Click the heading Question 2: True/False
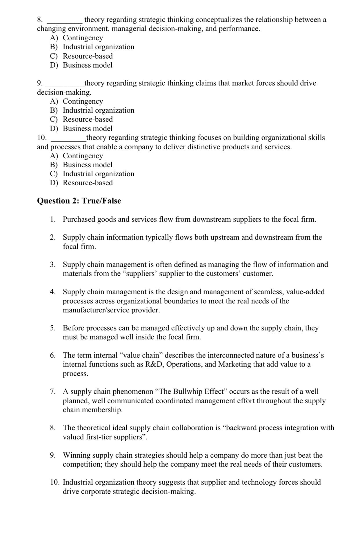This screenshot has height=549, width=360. (79, 201)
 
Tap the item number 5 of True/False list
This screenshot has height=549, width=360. (52, 328)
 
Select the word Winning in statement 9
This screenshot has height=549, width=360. (75, 455)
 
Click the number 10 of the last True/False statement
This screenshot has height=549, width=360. (55, 482)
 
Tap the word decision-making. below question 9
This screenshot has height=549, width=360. (64, 92)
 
